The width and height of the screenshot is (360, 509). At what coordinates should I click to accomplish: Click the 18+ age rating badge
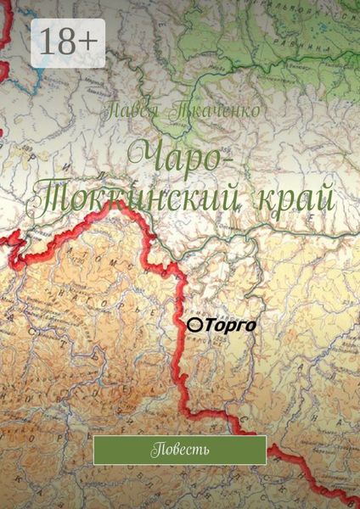tap(68, 42)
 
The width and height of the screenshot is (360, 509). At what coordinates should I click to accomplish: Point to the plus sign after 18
tap(92, 43)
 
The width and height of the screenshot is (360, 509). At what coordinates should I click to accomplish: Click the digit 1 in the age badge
tap(47, 42)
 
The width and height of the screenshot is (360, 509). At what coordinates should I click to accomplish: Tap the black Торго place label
tap(229, 324)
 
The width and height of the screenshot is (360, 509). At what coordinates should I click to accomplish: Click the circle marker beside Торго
tap(193, 325)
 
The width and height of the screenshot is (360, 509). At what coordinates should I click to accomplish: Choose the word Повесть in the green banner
tap(180, 449)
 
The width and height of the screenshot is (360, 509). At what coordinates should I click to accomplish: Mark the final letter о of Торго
tap(251, 325)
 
